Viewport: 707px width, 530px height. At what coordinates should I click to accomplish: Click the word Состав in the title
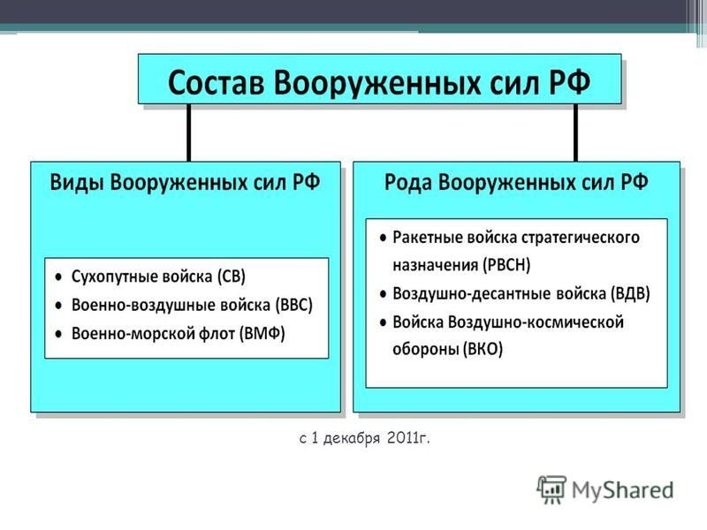coord(216,82)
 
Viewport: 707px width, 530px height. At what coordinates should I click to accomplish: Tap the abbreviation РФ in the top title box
coord(569,82)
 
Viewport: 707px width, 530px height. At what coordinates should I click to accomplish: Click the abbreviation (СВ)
coord(231,276)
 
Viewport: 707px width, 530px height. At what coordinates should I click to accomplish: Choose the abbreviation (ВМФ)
coord(262,334)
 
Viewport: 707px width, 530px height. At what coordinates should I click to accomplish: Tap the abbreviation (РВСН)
coord(506,264)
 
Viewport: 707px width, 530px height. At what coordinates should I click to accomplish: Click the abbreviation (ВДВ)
coord(630,293)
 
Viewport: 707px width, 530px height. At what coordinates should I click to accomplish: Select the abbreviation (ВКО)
coord(482,349)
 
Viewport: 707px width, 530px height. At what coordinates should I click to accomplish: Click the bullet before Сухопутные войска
coord(58,277)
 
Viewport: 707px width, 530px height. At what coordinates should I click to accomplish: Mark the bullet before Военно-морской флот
coord(58,335)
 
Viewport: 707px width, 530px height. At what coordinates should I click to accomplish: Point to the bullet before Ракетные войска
coord(384,238)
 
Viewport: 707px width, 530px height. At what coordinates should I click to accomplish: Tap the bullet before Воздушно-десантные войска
coord(384,295)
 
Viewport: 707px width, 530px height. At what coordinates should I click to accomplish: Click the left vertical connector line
coord(188,132)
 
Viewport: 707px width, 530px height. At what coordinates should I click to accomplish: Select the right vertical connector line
coord(575,132)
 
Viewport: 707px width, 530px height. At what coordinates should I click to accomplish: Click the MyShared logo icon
coord(551,489)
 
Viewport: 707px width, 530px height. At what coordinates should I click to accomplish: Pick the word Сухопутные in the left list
coord(112,276)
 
